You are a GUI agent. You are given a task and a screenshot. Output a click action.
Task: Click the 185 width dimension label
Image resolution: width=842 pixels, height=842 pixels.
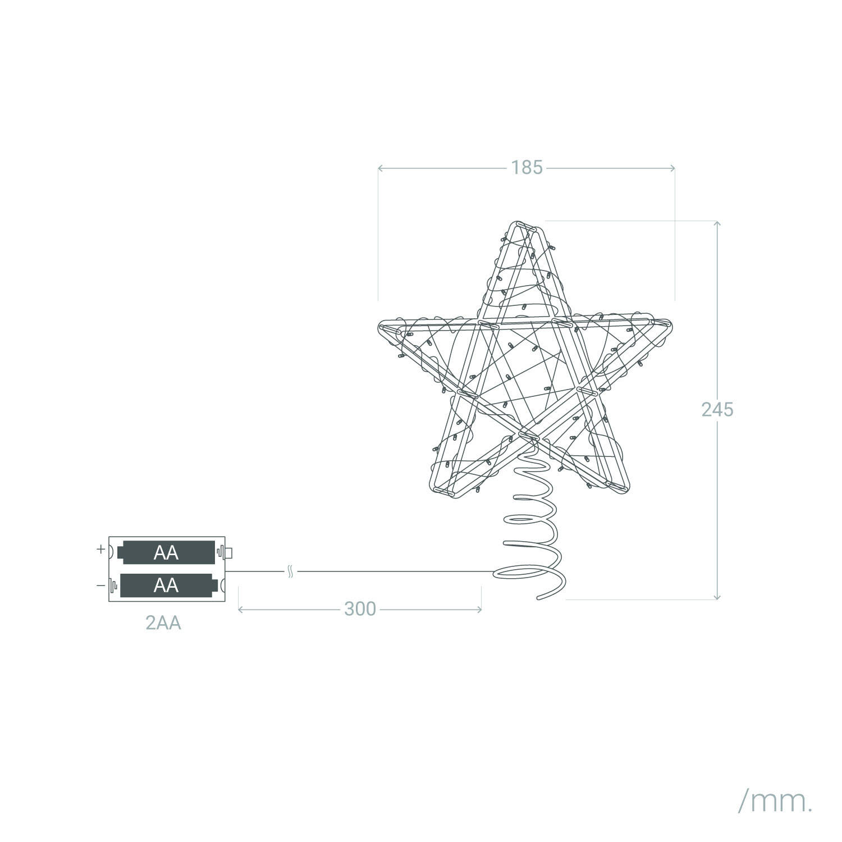coord(527,167)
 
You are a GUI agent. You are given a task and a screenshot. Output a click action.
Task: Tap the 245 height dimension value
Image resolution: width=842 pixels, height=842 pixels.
coord(717,410)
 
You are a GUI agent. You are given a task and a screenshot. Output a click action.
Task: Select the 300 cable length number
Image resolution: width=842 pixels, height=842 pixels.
coord(360,608)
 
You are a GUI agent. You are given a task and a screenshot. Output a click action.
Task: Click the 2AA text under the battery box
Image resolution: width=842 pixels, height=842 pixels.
coord(163,623)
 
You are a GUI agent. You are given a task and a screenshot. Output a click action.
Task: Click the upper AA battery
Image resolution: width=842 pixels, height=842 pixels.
coord(167,552)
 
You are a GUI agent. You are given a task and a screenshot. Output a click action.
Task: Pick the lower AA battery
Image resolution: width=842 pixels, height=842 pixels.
coord(167,585)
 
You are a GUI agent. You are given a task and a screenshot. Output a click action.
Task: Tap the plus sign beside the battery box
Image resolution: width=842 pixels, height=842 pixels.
coord(100,549)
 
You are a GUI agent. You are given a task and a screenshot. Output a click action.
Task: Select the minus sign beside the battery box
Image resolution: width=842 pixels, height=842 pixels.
coord(100,586)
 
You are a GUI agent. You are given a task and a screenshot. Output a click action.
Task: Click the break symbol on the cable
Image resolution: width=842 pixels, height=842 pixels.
coord(290,572)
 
